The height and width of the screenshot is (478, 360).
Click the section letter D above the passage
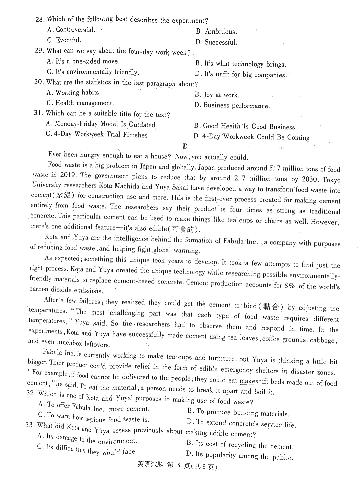(185, 146)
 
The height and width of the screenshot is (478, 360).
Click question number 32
(31, 393)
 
